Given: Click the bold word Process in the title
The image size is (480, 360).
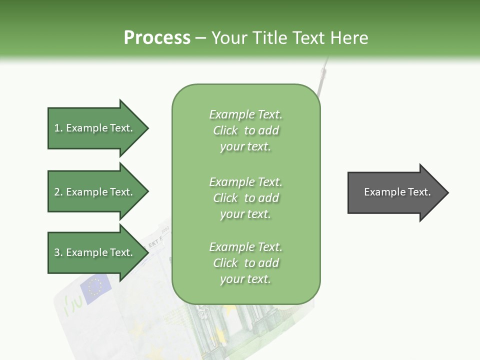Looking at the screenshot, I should pyautogui.click(x=157, y=38).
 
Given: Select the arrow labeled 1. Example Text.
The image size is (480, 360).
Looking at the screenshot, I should pyautogui.click(x=95, y=128).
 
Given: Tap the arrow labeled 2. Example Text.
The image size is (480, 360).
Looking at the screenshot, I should pyautogui.click(x=95, y=192).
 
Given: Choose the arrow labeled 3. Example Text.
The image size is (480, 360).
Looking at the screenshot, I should pyautogui.click(x=95, y=252).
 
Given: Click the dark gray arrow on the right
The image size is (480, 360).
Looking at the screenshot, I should pyautogui.click(x=390, y=192).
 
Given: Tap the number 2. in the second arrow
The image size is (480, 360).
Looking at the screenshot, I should pyautogui.click(x=58, y=192).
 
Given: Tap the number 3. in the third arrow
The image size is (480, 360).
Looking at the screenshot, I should pyautogui.click(x=58, y=252).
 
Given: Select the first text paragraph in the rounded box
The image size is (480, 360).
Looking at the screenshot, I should pyautogui.click(x=246, y=130).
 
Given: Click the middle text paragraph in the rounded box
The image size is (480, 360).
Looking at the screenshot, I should pyautogui.click(x=246, y=198).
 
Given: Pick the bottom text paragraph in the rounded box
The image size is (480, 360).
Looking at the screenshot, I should pyautogui.click(x=246, y=263).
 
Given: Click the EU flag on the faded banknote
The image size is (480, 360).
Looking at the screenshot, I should pyautogui.click(x=95, y=288).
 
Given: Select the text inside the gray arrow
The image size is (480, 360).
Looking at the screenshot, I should pyautogui.click(x=397, y=192).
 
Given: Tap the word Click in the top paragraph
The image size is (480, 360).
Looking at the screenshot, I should pyautogui.click(x=225, y=130).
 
